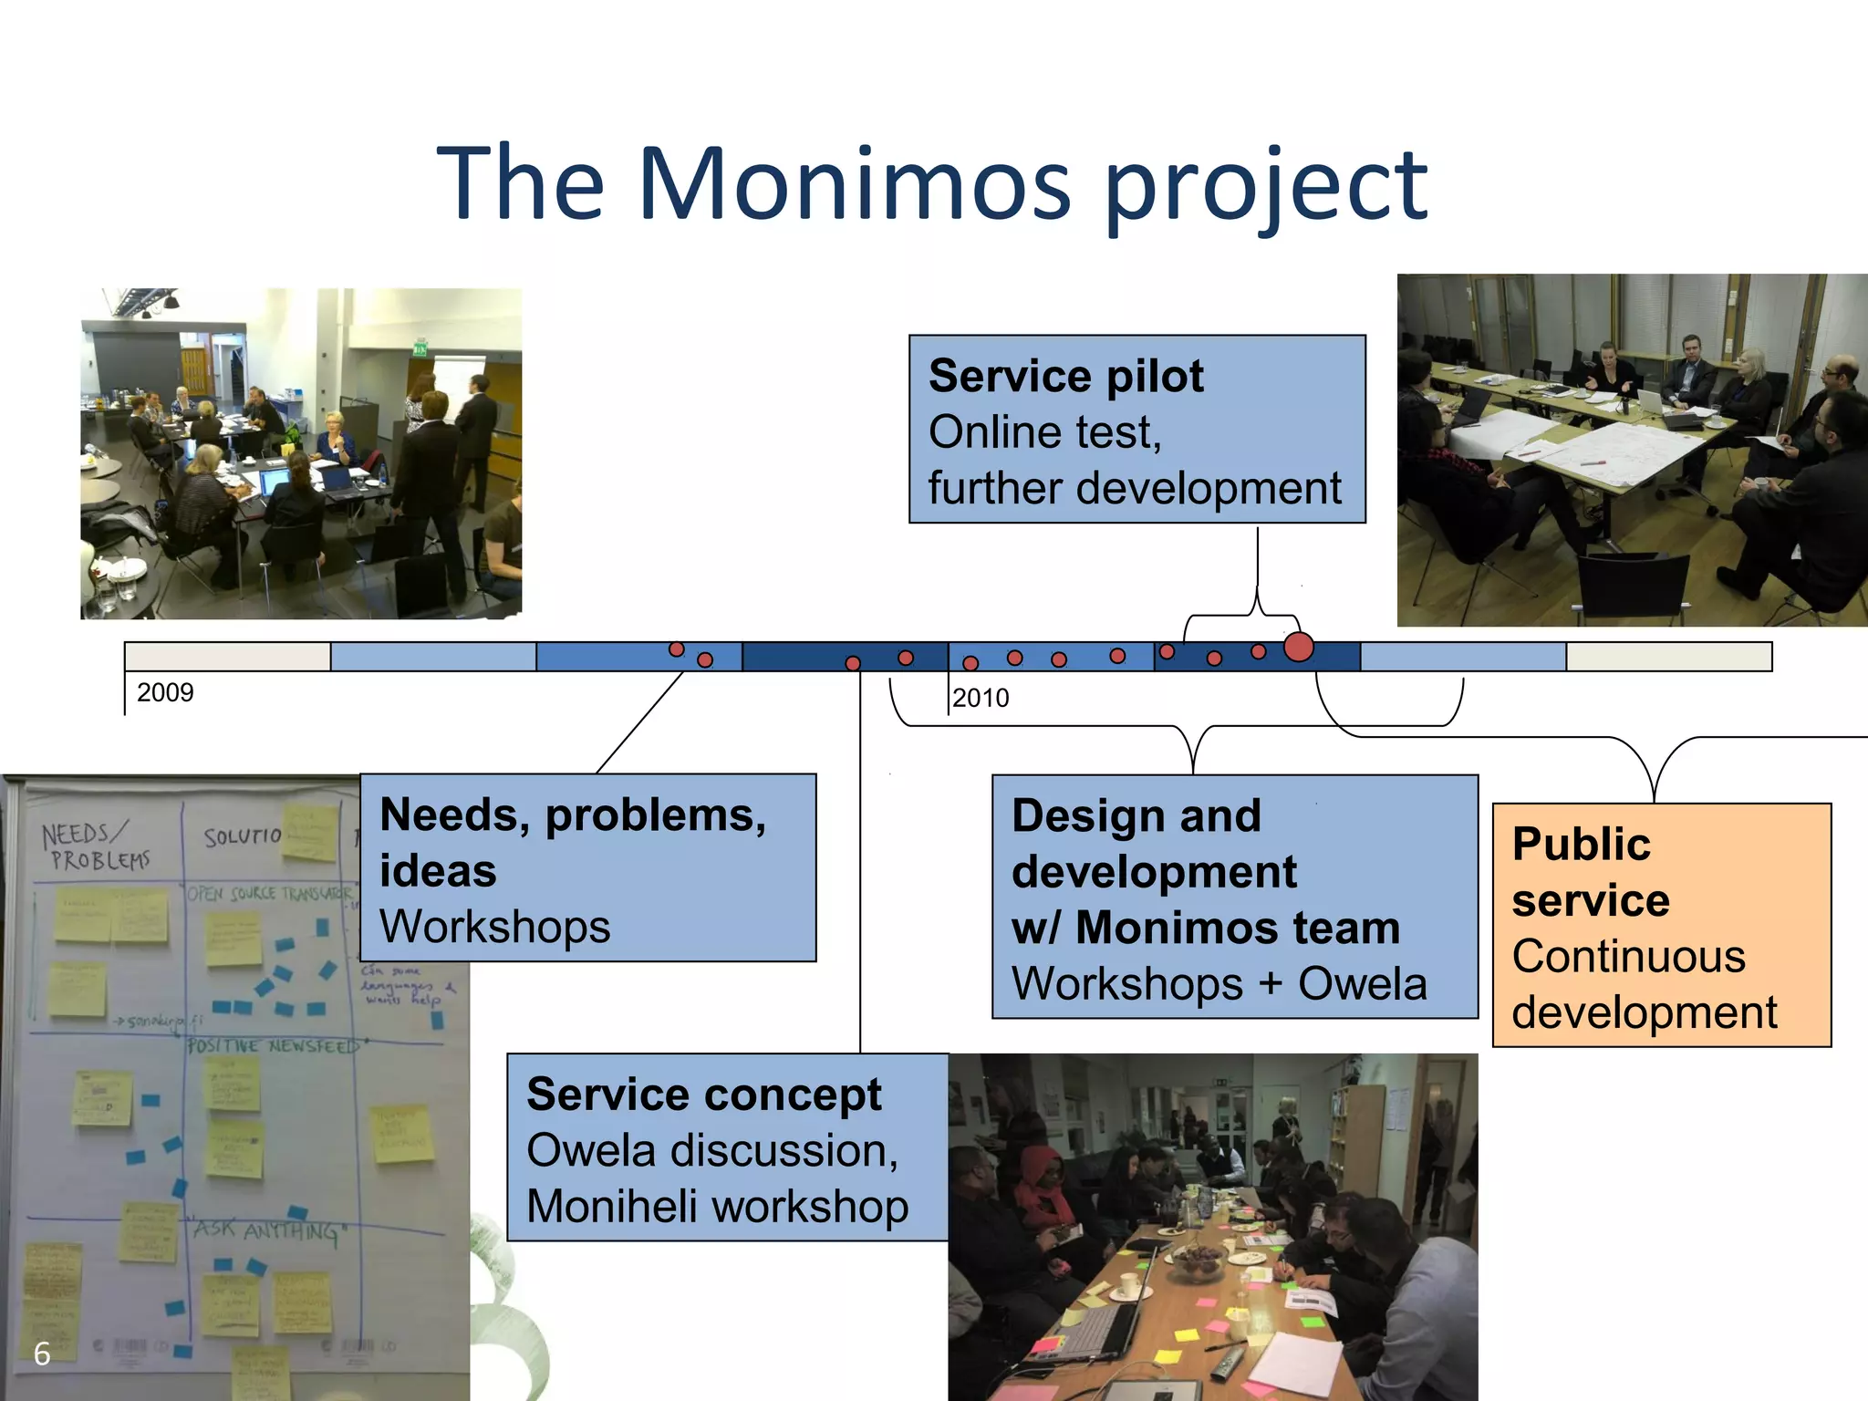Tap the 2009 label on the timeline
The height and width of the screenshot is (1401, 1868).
tap(165, 692)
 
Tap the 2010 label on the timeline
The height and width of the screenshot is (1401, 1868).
tap(981, 698)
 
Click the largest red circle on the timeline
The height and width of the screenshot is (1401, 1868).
tap(1298, 647)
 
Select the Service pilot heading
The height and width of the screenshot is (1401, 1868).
tap(1065, 376)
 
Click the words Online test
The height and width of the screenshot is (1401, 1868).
tap(1044, 432)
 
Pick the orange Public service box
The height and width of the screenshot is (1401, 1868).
tap(1661, 924)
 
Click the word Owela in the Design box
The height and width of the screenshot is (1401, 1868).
tap(1362, 983)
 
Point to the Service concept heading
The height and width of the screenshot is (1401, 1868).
tap(703, 1094)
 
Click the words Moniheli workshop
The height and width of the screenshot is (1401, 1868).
tap(717, 1206)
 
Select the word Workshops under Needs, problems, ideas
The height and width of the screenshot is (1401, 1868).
tap(494, 927)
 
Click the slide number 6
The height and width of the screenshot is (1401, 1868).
tap(42, 1354)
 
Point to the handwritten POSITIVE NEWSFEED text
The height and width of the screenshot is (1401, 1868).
tap(274, 1045)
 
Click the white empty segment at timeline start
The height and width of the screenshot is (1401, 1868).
tap(227, 657)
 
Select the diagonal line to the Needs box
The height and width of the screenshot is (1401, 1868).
tap(638, 723)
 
